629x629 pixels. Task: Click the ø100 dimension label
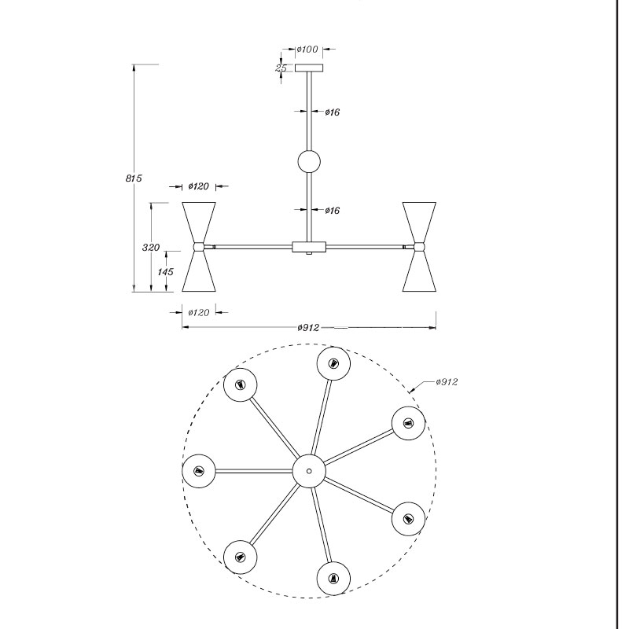pyautogui.click(x=307, y=50)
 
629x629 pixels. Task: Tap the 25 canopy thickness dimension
pyautogui.click(x=281, y=68)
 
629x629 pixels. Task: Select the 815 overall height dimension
pyautogui.click(x=134, y=178)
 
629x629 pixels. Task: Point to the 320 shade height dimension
pyautogui.click(x=151, y=248)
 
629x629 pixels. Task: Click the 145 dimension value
pyautogui.click(x=165, y=272)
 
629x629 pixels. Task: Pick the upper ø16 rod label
pyautogui.click(x=332, y=112)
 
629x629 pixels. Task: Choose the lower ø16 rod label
pyautogui.click(x=332, y=210)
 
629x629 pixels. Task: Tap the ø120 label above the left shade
pyautogui.click(x=199, y=186)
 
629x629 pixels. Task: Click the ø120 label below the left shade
pyautogui.click(x=199, y=312)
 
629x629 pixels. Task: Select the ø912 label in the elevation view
pyautogui.click(x=308, y=328)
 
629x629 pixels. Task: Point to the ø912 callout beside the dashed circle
pyautogui.click(x=447, y=382)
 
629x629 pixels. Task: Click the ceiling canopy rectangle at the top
pyautogui.click(x=309, y=68)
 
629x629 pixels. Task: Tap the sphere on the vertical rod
pyautogui.click(x=309, y=162)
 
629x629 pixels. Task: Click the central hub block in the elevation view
pyautogui.click(x=309, y=247)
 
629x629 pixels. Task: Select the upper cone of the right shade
pyautogui.click(x=419, y=223)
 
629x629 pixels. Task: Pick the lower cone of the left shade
pyautogui.click(x=199, y=271)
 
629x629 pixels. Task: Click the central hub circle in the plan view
pyautogui.click(x=309, y=471)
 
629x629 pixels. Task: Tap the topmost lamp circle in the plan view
pyautogui.click(x=333, y=363)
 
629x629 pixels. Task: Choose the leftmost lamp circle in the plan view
pyautogui.click(x=199, y=471)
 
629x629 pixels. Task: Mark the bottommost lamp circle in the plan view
pyautogui.click(x=333, y=579)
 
